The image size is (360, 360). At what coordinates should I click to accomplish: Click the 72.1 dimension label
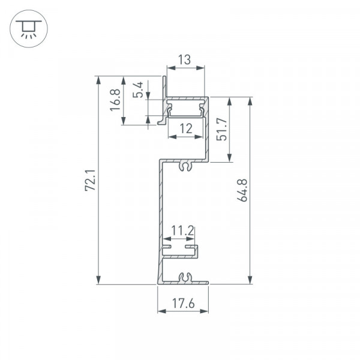(x=90, y=180)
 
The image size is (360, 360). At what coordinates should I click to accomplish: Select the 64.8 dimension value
(x=242, y=191)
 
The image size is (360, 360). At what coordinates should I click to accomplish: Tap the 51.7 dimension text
(x=221, y=129)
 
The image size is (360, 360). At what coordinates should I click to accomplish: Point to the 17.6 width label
(x=183, y=303)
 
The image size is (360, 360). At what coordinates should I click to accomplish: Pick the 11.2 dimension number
(x=183, y=230)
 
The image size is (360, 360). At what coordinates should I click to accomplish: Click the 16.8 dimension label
(x=115, y=100)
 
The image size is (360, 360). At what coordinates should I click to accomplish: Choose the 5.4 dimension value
(x=138, y=90)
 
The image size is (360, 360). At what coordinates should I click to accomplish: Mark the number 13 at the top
(x=184, y=59)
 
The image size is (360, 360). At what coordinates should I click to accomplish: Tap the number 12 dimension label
(x=186, y=128)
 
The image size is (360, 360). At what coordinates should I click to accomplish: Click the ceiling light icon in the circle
(x=29, y=29)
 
